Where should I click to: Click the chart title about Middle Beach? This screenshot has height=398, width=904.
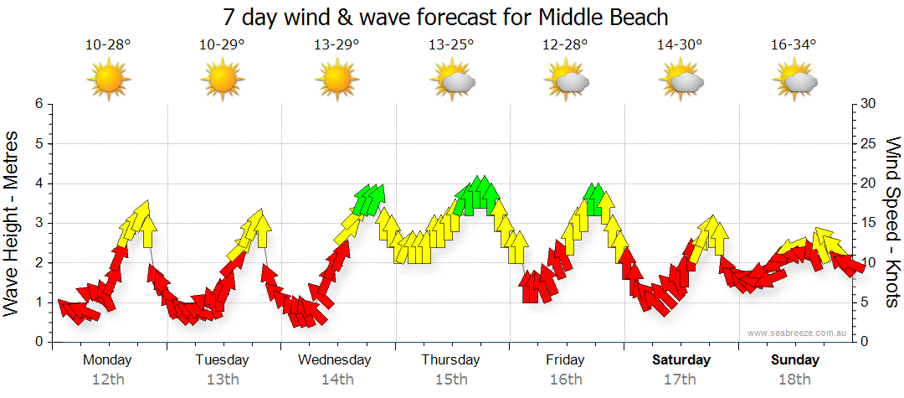pos(451,16)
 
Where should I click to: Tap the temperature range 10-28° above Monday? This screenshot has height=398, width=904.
pos(108,45)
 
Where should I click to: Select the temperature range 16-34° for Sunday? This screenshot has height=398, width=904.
pos(794,45)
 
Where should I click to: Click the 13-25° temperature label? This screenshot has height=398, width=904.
pos(451,45)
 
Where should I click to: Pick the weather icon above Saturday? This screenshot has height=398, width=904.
pos(681,80)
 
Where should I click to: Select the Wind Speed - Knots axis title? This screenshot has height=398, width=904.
pos(892,222)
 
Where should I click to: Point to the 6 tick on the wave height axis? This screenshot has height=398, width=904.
pos(39,104)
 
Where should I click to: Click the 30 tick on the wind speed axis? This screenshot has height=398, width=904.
pos(869,104)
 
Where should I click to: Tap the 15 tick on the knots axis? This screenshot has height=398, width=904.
pos(869,223)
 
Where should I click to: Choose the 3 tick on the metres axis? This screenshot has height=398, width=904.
pos(39,223)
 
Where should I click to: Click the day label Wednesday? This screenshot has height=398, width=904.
pos(335,360)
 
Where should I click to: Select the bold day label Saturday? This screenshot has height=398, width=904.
pos(681,360)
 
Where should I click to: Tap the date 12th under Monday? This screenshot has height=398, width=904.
pos(108,380)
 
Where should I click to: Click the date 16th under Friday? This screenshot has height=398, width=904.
pos(566,380)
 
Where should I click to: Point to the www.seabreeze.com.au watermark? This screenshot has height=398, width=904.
pos(799,333)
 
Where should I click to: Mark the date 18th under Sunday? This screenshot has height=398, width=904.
pos(794,380)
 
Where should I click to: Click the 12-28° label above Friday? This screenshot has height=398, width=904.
pos(566,45)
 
